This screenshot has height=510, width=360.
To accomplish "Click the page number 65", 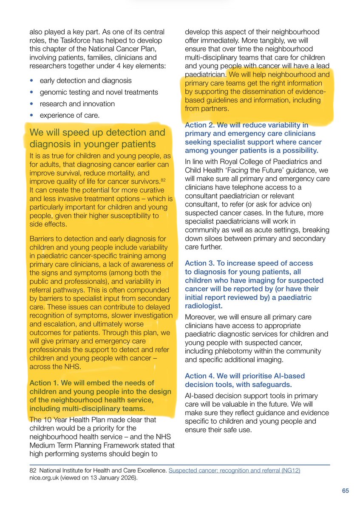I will (x=346, y=491).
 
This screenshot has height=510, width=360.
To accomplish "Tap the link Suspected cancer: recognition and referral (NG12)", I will (x=234, y=471).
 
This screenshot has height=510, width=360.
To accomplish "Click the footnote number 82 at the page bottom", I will (x=33, y=471).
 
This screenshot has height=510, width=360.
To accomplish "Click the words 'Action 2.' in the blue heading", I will (x=200, y=125).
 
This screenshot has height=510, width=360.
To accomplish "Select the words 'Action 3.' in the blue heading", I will (x=200, y=263).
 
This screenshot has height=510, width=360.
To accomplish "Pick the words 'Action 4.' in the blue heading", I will (x=200, y=376).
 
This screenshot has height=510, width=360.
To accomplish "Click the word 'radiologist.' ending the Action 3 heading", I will (x=202, y=306).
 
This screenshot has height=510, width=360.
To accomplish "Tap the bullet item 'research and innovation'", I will (x=77, y=104).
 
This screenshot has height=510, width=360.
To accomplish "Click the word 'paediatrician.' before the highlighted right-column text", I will (x=205, y=74).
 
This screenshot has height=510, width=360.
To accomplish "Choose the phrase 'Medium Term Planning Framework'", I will (x=98, y=445).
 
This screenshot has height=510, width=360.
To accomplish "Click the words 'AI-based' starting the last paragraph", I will (x=198, y=396).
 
